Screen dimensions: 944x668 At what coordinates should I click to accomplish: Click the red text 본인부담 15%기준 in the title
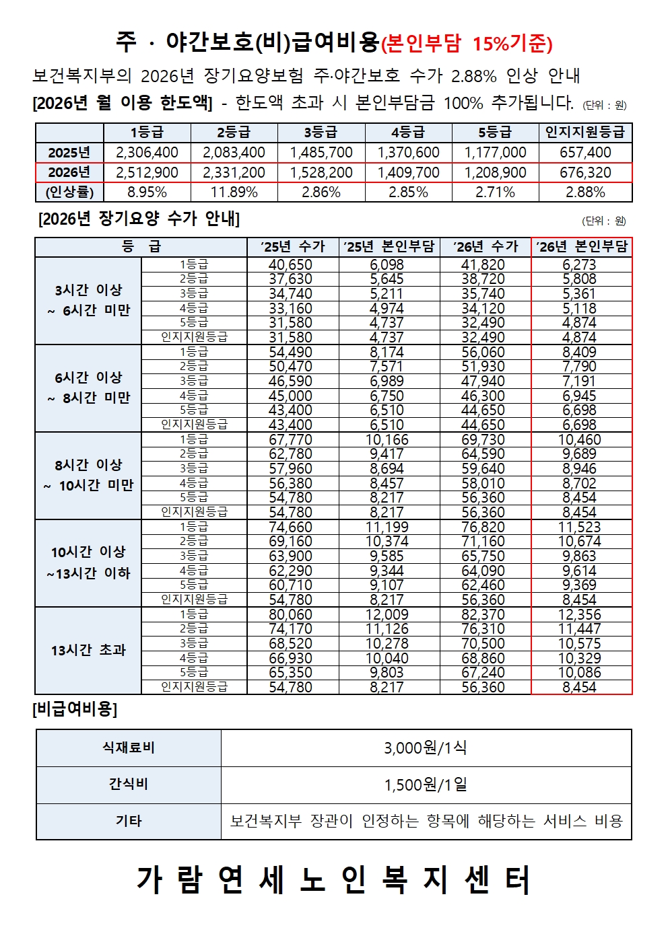(x=467, y=44)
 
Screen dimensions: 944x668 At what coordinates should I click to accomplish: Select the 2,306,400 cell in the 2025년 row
(x=147, y=153)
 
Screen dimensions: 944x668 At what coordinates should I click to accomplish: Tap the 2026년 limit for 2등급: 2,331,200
(x=234, y=173)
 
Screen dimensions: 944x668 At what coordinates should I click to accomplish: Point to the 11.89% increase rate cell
(x=234, y=192)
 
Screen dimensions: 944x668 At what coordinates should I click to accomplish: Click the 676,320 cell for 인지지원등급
(x=585, y=173)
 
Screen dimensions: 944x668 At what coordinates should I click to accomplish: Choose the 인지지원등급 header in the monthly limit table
(x=585, y=133)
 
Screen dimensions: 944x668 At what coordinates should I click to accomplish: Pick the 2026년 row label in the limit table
(x=69, y=173)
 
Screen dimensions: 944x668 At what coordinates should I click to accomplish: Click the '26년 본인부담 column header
(x=582, y=247)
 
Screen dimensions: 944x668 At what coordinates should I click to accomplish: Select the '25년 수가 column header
(x=292, y=247)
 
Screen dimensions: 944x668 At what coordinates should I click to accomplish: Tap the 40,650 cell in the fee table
(x=291, y=265)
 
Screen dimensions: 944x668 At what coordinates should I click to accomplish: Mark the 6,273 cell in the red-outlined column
(x=580, y=265)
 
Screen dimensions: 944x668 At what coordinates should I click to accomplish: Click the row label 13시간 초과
(x=88, y=651)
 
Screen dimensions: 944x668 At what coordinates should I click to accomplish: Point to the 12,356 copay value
(x=580, y=615)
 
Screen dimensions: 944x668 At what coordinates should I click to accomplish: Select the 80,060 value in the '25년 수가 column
(x=291, y=615)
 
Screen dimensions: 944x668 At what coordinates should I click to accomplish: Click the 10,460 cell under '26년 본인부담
(x=580, y=440)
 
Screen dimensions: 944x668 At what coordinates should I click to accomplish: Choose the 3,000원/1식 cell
(x=426, y=748)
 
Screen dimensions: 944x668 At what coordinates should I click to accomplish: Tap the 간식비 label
(x=129, y=785)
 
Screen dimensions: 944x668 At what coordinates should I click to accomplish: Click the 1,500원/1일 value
(x=426, y=785)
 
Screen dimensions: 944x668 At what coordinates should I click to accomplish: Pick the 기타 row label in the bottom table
(x=129, y=822)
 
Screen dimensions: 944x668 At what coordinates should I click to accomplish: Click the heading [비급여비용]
(x=75, y=709)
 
